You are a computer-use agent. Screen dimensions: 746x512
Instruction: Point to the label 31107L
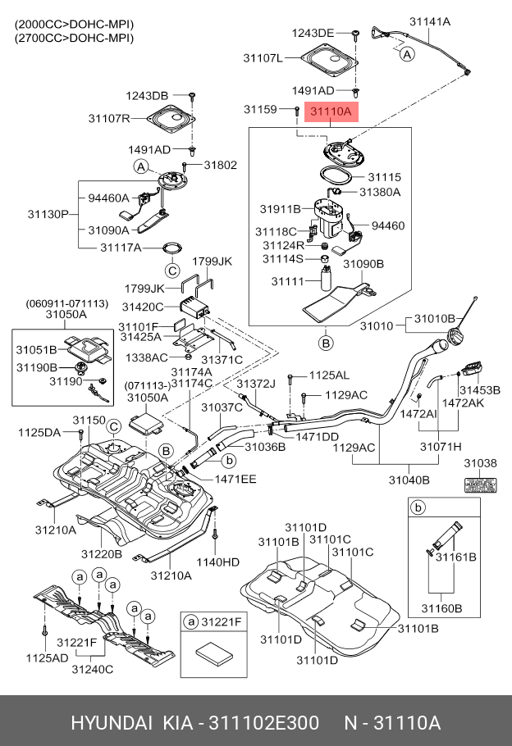(263, 58)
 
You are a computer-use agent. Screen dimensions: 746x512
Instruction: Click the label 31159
(260, 109)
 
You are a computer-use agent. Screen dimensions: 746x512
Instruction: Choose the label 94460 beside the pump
(388, 225)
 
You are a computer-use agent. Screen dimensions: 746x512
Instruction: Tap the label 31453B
(479, 389)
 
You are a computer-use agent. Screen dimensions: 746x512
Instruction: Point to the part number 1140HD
(220, 562)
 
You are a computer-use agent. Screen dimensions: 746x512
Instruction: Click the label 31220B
(102, 554)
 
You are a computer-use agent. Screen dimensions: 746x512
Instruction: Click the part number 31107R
(109, 119)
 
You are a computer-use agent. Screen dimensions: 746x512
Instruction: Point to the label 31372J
(254, 384)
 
